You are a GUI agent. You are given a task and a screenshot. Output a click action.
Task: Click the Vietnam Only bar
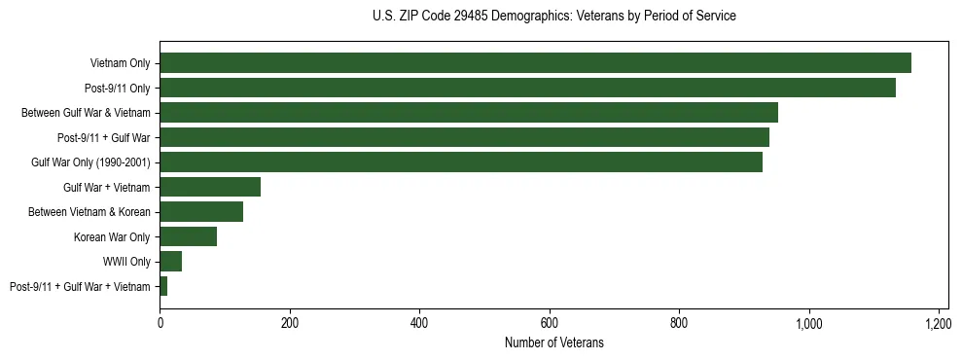click(x=535, y=63)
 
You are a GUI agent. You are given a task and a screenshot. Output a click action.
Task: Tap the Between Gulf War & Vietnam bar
click(x=469, y=113)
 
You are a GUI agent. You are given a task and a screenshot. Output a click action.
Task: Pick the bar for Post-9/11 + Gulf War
click(x=464, y=137)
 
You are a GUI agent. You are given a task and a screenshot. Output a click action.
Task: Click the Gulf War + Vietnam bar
click(x=210, y=187)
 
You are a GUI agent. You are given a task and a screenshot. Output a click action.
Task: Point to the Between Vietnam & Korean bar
click(x=201, y=212)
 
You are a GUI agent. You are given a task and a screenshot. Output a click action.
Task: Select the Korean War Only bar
click(x=189, y=236)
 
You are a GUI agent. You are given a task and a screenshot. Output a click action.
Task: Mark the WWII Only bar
click(x=171, y=261)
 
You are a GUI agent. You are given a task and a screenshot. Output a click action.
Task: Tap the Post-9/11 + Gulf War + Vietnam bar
click(x=163, y=286)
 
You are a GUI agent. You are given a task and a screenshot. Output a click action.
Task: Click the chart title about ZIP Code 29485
click(x=553, y=16)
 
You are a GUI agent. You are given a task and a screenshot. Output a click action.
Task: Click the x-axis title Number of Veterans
click(x=553, y=342)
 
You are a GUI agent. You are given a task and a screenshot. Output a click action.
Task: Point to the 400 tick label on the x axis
click(x=419, y=322)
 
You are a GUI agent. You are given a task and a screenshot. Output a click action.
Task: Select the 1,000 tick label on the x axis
click(x=809, y=322)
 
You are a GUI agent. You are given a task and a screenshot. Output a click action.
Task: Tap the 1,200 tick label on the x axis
click(x=939, y=322)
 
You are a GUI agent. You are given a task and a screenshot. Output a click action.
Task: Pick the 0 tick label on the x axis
click(x=160, y=322)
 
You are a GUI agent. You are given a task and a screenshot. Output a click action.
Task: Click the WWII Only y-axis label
click(x=126, y=262)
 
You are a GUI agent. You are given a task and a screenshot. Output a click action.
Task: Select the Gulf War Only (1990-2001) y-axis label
click(x=90, y=162)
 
